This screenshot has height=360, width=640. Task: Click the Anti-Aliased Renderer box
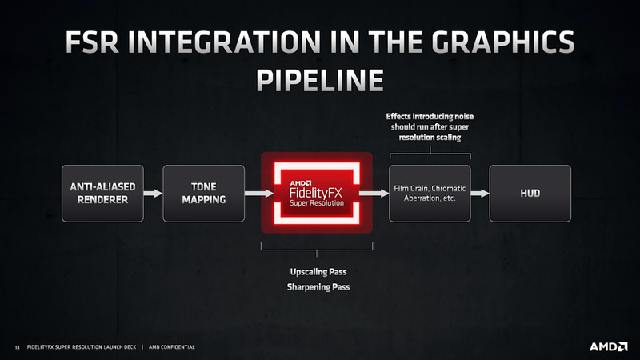pos(102,193)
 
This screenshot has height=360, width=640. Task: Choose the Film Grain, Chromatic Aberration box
pos(430,193)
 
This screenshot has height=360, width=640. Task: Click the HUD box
pos(530,193)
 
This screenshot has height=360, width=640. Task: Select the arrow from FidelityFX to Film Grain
pos(370,193)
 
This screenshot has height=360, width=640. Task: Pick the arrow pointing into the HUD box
pos(479,193)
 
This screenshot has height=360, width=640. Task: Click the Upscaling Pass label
pos(318,271)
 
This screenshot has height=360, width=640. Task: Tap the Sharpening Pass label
pos(318,286)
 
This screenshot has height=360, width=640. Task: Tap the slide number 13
pos(16,347)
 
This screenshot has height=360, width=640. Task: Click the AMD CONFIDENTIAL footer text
pos(172,347)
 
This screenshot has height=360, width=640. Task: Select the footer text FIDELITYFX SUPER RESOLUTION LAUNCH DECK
pos(82,347)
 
